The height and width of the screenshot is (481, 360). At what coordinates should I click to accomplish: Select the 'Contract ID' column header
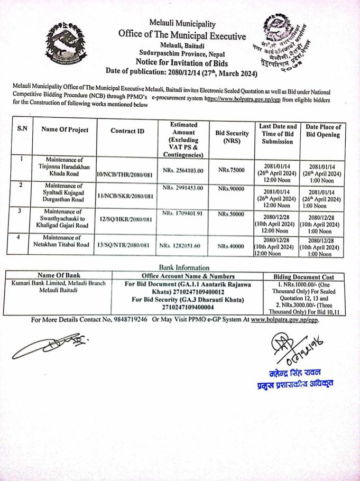coord(127,130)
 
